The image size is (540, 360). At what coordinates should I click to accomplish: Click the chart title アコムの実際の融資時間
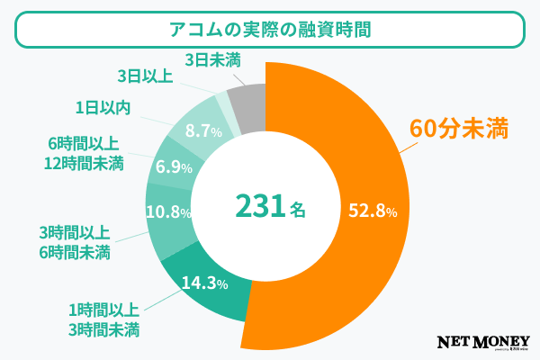click(x=270, y=29)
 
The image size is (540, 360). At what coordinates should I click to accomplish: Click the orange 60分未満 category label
click(x=454, y=129)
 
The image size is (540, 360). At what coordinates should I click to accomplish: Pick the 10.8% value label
click(x=168, y=213)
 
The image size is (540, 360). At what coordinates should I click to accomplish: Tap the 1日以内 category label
click(x=103, y=109)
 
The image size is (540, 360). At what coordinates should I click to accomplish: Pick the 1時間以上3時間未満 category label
click(x=103, y=318)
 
